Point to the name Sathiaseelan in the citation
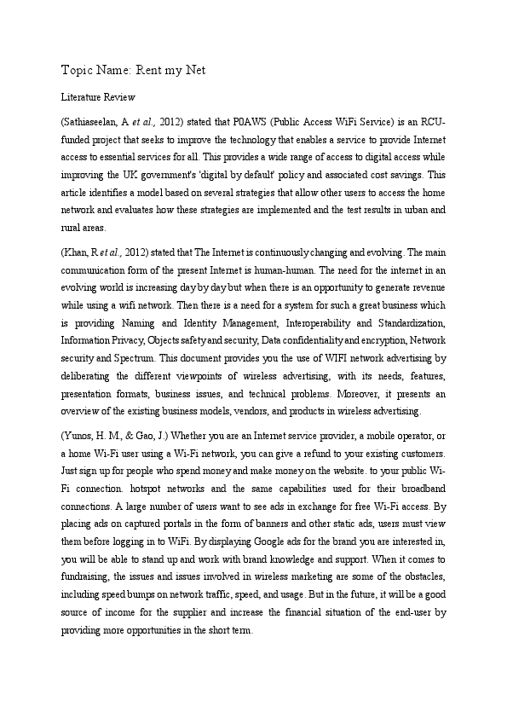pyautogui.click(x=95, y=122)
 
